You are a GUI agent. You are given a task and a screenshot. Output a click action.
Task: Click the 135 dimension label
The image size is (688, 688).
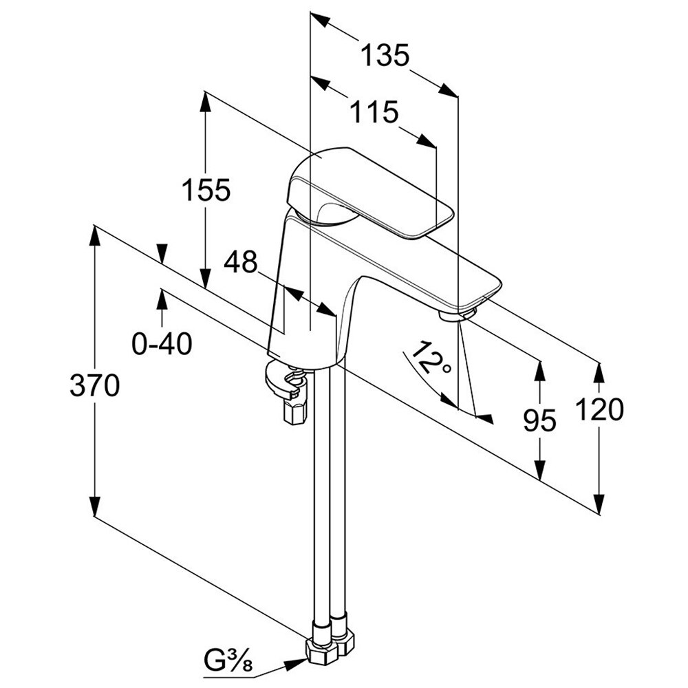point(386,55)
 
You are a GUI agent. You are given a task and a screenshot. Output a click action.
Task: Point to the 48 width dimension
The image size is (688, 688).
point(240,261)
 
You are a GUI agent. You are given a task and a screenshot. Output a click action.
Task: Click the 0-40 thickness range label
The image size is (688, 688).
point(162,343)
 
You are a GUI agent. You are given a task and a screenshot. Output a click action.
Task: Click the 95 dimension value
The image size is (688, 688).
point(539,420)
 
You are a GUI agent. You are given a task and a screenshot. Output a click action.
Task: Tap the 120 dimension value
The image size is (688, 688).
point(601,410)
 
